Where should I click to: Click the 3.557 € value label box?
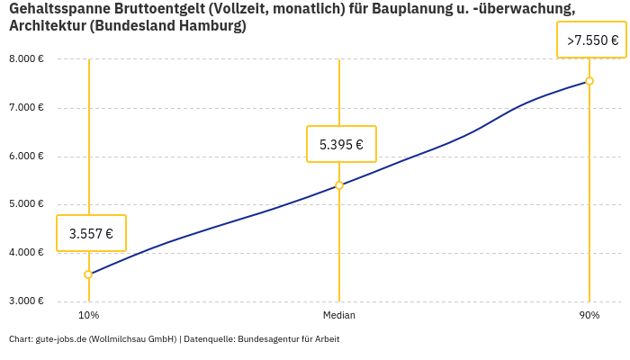pyautogui.click(x=91, y=233)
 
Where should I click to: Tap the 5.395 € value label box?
pyautogui.click(x=341, y=144)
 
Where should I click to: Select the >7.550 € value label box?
pyautogui.click(x=591, y=40)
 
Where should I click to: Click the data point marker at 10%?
pyautogui.click(x=88, y=274)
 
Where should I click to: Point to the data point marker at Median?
pyautogui.click(x=339, y=185)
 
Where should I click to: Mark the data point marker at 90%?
pyautogui.click(x=589, y=81)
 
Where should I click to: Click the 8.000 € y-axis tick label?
pyautogui.click(x=26, y=59)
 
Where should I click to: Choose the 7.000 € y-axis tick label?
pyautogui.click(x=26, y=108)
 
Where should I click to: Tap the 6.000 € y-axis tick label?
pyautogui.click(x=26, y=156)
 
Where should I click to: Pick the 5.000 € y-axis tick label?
pyautogui.click(x=26, y=204)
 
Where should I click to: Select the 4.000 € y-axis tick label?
pyautogui.click(x=26, y=252)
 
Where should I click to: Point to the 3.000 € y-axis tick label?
pyautogui.click(x=26, y=301)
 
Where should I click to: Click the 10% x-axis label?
pyautogui.click(x=88, y=316)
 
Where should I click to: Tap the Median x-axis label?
pyautogui.click(x=339, y=316)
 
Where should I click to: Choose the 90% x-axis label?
pyautogui.click(x=589, y=316)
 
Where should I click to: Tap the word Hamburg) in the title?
pyautogui.click(x=213, y=26)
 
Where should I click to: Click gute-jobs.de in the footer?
pyautogui.click(x=60, y=339)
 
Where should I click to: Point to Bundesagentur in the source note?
pyautogui.click(x=267, y=339)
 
